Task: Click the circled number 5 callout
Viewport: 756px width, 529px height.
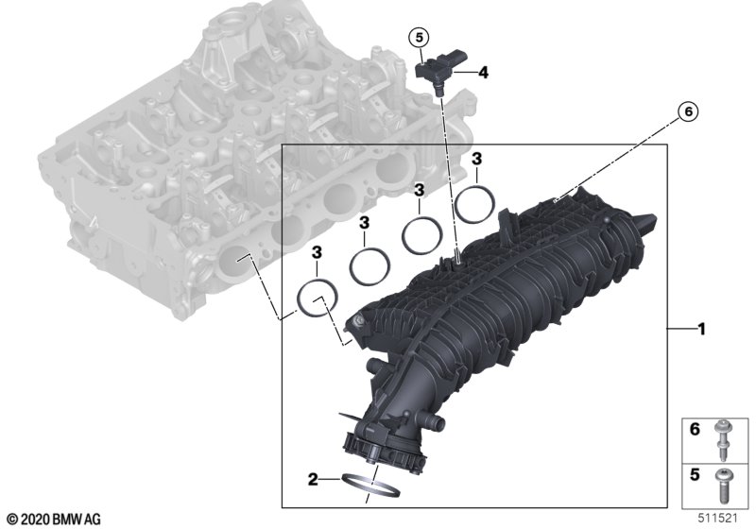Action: pyautogui.click(x=419, y=37)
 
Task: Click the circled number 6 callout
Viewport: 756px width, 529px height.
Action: pyautogui.click(x=688, y=111)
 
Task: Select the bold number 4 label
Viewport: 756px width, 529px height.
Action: pyautogui.click(x=483, y=73)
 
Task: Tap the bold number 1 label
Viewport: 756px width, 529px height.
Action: pyautogui.click(x=702, y=330)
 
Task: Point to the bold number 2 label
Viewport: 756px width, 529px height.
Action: pyautogui.click(x=313, y=479)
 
